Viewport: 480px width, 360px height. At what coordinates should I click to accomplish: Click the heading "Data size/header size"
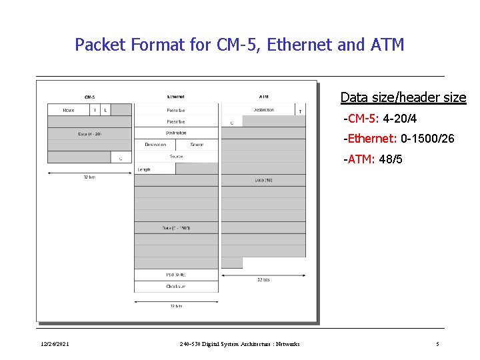pyautogui.click(x=403, y=97)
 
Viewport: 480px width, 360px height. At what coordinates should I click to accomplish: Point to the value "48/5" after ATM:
pyautogui.click(x=391, y=160)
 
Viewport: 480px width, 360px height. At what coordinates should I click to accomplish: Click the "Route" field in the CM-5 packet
pyautogui.click(x=68, y=110)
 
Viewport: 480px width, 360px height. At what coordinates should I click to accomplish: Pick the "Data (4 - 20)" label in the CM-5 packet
pyautogui.click(x=89, y=134)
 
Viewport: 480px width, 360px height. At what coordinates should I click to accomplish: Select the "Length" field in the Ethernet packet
pyautogui.click(x=144, y=169)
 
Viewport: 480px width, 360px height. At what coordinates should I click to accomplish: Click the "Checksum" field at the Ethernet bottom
pyautogui.click(x=176, y=286)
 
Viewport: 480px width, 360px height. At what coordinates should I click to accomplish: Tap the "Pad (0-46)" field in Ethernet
pyautogui.click(x=176, y=274)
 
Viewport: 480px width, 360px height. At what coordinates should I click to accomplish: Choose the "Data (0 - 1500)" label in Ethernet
pyautogui.click(x=176, y=228)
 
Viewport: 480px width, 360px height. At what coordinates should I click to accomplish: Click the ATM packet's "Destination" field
pyautogui.click(x=264, y=110)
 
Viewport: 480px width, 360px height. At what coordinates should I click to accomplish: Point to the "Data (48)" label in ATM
pyautogui.click(x=264, y=180)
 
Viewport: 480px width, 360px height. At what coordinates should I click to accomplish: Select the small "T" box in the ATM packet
pyautogui.click(x=299, y=111)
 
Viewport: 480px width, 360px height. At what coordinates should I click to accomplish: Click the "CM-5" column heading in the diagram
pyautogui.click(x=89, y=97)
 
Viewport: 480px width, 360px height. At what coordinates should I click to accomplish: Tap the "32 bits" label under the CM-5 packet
pyautogui.click(x=89, y=177)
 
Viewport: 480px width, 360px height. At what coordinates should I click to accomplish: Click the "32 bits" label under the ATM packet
pyautogui.click(x=263, y=279)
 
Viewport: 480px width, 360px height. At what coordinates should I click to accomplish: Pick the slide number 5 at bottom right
pyautogui.click(x=437, y=344)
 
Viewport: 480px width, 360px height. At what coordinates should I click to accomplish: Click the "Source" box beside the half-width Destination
pyautogui.click(x=197, y=145)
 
